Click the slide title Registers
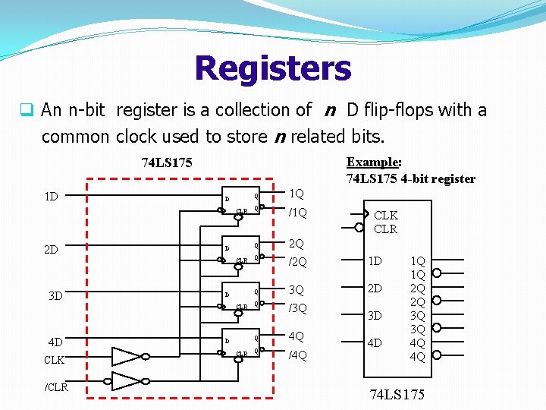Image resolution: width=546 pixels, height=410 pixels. click(x=273, y=68)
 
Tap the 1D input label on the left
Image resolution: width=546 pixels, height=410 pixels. click(x=52, y=197)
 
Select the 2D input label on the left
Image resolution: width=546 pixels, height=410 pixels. click(x=52, y=248)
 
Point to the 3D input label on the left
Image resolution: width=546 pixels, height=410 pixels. click(x=55, y=295)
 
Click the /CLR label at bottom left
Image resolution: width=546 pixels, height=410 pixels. click(x=55, y=387)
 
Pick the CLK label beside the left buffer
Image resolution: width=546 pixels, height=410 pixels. click(x=54, y=359)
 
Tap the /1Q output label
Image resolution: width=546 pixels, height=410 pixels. click(x=298, y=213)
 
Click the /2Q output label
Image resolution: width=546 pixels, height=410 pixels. click(x=298, y=262)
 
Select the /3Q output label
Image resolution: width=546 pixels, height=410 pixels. click(x=298, y=308)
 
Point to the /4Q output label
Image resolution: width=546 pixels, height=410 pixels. click(x=298, y=355)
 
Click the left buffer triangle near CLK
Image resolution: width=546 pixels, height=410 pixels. click(x=125, y=356)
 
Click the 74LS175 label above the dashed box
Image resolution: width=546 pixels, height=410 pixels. click(x=167, y=162)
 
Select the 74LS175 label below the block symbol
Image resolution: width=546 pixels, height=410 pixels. click(x=397, y=394)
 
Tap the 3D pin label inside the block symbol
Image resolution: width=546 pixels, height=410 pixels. click(x=375, y=315)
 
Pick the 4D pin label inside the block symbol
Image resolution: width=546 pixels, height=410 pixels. click(x=375, y=342)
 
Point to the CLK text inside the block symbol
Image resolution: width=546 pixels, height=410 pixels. click(x=385, y=216)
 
